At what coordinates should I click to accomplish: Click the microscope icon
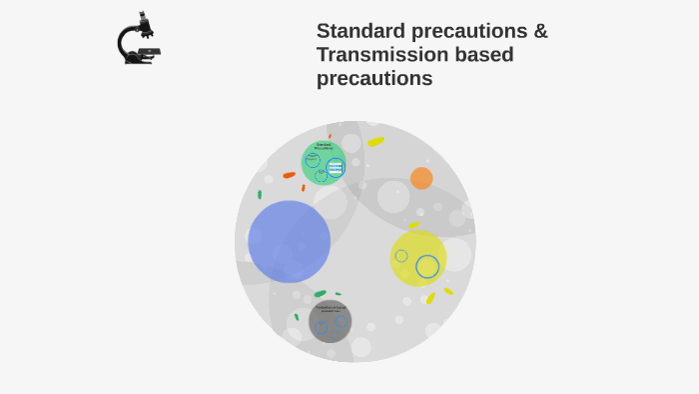click(138, 39)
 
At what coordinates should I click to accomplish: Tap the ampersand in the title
click(540, 31)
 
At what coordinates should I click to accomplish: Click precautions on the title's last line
click(374, 78)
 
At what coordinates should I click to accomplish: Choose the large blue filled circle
click(290, 241)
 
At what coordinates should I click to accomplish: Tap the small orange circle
click(421, 178)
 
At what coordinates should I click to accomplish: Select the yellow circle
click(417, 257)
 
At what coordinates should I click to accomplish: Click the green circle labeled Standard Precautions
click(323, 163)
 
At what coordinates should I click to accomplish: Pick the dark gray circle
click(330, 321)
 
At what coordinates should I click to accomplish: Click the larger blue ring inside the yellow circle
click(427, 266)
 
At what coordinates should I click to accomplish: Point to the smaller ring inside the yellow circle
click(401, 256)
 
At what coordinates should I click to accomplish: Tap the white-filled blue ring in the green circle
click(336, 167)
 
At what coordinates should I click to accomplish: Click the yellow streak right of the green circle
click(375, 142)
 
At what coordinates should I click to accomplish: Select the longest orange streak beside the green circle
click(290, 175)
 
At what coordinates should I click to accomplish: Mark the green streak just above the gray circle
click(320, 294)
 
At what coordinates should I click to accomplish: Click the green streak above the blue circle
click(260, 194)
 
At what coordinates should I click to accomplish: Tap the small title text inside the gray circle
click(330, 308)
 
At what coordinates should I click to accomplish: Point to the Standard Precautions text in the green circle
click(324, 146)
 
